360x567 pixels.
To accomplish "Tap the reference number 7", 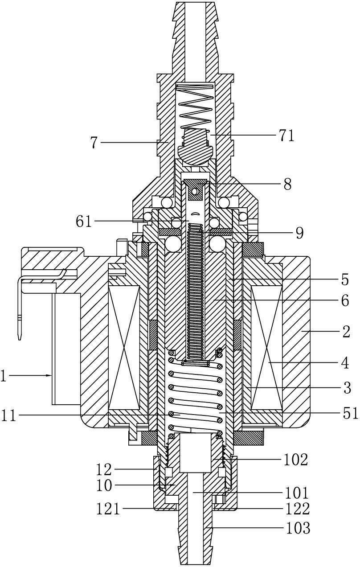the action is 94,143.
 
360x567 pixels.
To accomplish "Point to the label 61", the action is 83,222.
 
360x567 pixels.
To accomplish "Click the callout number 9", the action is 299,233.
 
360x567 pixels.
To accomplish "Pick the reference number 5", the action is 345,279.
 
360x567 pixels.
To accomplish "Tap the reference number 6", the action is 345,301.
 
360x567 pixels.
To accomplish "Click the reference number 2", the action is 346,331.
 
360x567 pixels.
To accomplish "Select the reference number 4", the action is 345,363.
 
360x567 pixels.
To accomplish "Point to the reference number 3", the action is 347,388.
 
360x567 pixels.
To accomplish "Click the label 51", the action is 351,413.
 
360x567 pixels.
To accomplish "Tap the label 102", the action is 296,460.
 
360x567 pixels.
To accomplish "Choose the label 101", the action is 296,493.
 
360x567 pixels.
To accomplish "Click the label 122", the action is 298,509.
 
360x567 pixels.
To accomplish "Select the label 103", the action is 298,528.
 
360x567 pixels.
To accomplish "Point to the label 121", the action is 108,509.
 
